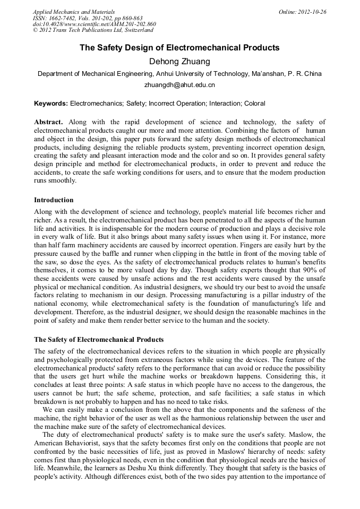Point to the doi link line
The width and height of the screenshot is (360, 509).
95,24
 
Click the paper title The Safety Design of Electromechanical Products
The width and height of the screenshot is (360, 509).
179,48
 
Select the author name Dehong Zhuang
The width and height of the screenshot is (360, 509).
179,62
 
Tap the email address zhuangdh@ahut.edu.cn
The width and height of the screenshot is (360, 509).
179,84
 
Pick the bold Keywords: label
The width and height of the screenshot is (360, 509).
51,103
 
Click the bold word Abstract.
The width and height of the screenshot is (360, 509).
48,122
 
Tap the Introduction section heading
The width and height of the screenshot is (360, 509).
54,200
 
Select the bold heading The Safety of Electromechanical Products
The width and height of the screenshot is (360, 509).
99,340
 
